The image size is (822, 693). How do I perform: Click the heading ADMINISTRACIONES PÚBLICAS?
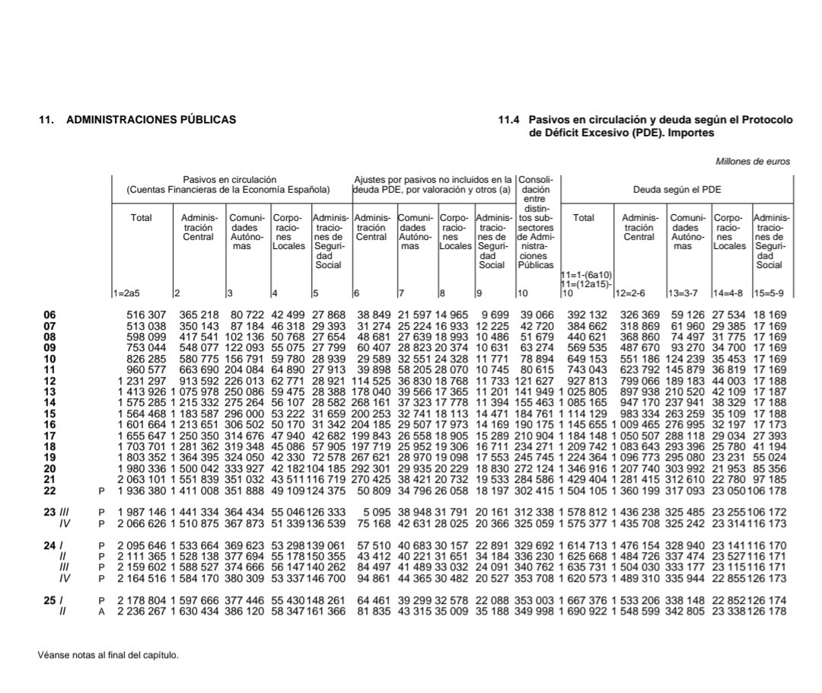151,120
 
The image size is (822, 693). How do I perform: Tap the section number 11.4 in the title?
508,120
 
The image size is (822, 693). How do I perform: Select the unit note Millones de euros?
752,161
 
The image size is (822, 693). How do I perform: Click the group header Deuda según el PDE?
677,189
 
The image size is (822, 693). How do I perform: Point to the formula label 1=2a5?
126,293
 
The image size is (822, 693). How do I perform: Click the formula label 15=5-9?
769,293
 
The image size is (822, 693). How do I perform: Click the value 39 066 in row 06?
537,315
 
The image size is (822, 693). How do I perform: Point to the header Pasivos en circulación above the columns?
229,180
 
